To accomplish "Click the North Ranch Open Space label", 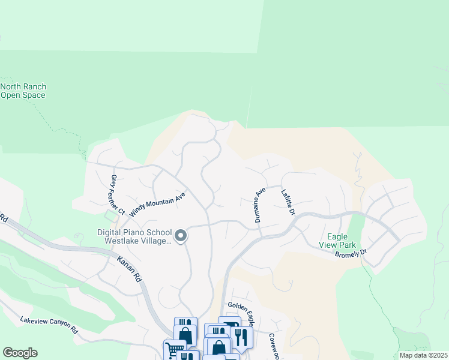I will [23, 91].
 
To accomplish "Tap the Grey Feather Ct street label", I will [117, 194].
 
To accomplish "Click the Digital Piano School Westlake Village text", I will [134, 237].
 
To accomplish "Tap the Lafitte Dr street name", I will [288, 202].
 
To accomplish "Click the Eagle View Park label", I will [342, 241].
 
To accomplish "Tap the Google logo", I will [20, 353].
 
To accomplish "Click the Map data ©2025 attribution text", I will [423, 355].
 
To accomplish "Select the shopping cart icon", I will [174, 349].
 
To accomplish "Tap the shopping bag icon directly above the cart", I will [184, 334].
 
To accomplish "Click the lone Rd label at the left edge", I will [3, 219].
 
